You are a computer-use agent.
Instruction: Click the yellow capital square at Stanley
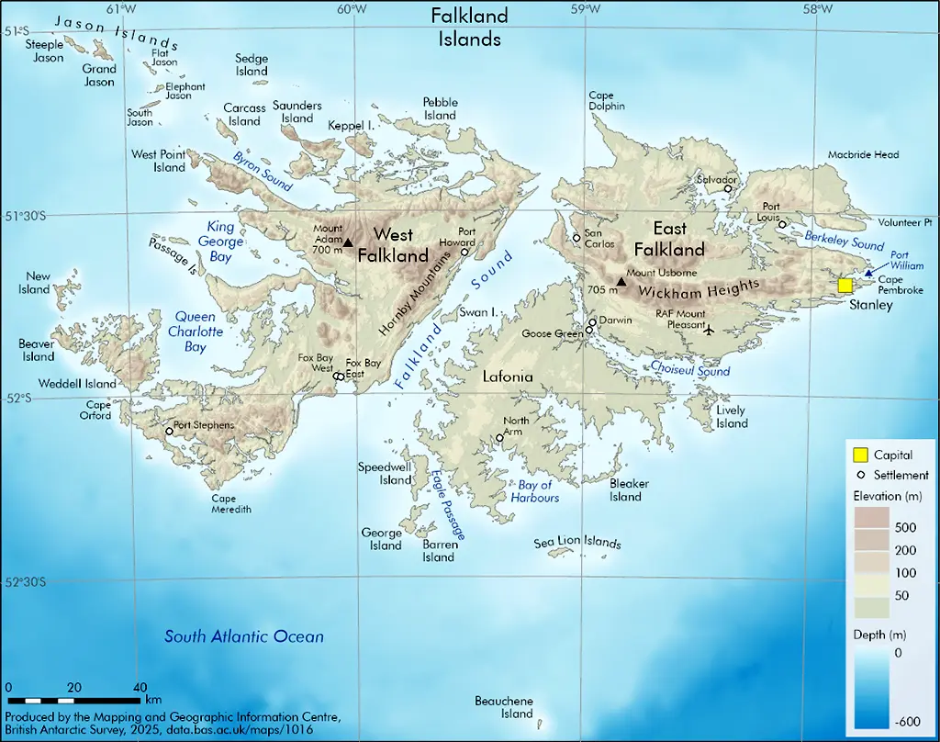(x=845, y=286)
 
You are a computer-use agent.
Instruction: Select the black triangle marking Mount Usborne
(x=621, y=281)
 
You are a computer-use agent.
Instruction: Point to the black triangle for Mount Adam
(x=347, y=243)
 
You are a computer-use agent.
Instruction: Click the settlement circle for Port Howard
(x=464, y=252)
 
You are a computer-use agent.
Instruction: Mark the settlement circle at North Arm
(x=499, y=438)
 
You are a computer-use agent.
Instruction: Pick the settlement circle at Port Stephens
(x=169, y=431)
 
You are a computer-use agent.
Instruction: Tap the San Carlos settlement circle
(x=576, y=238)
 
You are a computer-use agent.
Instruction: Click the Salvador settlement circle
(x=728, y=189)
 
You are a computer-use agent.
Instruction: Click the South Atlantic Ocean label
(x=243, y=636)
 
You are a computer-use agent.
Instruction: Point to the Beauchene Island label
(x=503, y=707)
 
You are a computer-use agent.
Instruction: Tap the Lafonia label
(x=508, y=377)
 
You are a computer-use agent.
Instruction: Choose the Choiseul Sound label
(x=690, y=370)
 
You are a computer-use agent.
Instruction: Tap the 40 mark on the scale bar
(x=140, y=687)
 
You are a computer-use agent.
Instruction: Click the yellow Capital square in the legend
(x=861, y=455)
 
